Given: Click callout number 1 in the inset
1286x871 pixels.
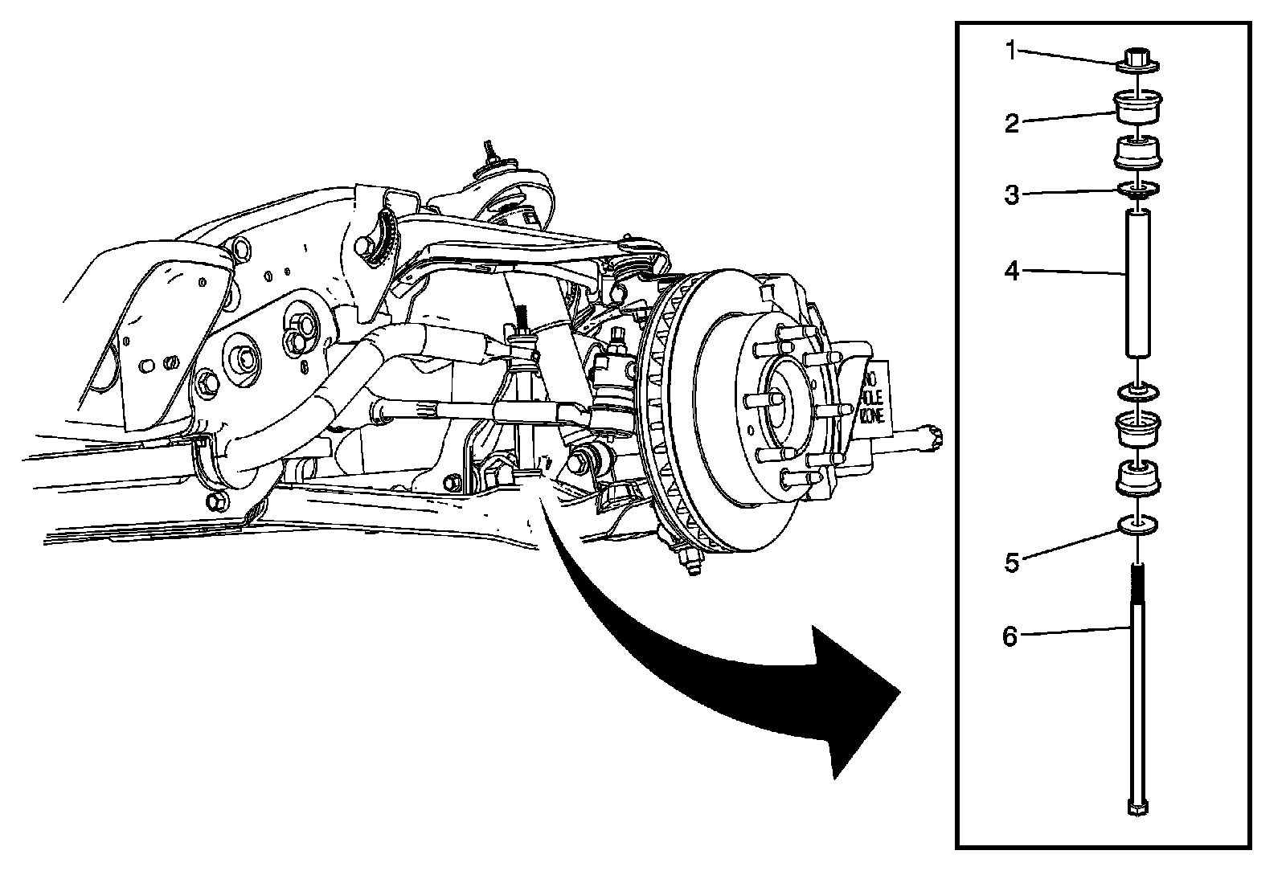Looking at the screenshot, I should click(x=1012, y=52).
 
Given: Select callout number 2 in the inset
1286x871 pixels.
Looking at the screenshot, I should click(x=1012, y=123).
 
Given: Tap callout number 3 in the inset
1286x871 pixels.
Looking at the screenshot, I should click(x=1012, y=195).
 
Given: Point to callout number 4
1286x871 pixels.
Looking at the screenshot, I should click(x=1012, y=272).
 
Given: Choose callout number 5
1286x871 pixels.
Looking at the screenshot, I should click(x=1012, y=562).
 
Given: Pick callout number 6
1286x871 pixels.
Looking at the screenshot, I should click(x=1010, y=637).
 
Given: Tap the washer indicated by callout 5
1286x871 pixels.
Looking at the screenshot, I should click(x=1138, y=526).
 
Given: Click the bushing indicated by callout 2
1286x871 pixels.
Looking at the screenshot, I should click(x=1138, y=108).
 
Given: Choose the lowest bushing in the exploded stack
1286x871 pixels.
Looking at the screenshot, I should click(x=1138, y=480).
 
